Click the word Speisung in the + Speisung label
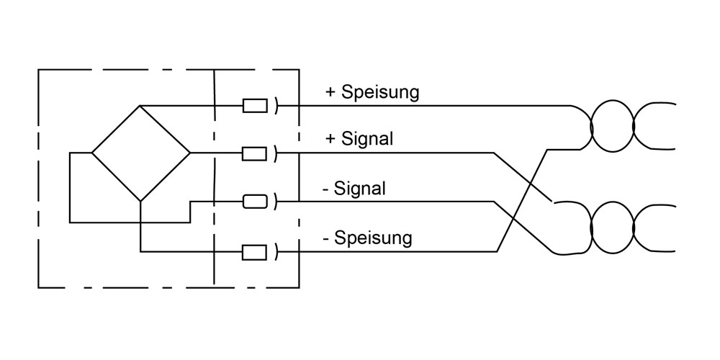pyautogui.click(x=380, y=93)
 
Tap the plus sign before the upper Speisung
pyautogui.click(x=330, y=92)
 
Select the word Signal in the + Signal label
pyautogui.click(x=368, y=140)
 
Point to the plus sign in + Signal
pyautogui.click(x=330, y=139)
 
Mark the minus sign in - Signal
pyautogui.click(x=327, y=189)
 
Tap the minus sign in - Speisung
pyautogui.click(x=327, y=237)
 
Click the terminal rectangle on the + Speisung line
pyautogui.click(x=255, y=106)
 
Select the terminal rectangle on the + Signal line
pyautogui.click(x=255, y=153)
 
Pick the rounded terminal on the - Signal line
pyautogui.click(x=255, y=201)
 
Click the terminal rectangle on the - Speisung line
pyautogui.click(x=255, y=252)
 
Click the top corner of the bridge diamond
pyautogui.click(x=140, y=106)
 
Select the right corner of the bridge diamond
pyautogui.click(x=190, y=153)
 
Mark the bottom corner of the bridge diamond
pyautogui.click(x=140, y=201)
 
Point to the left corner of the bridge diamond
pyautogui.click(x=92, y=153)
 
